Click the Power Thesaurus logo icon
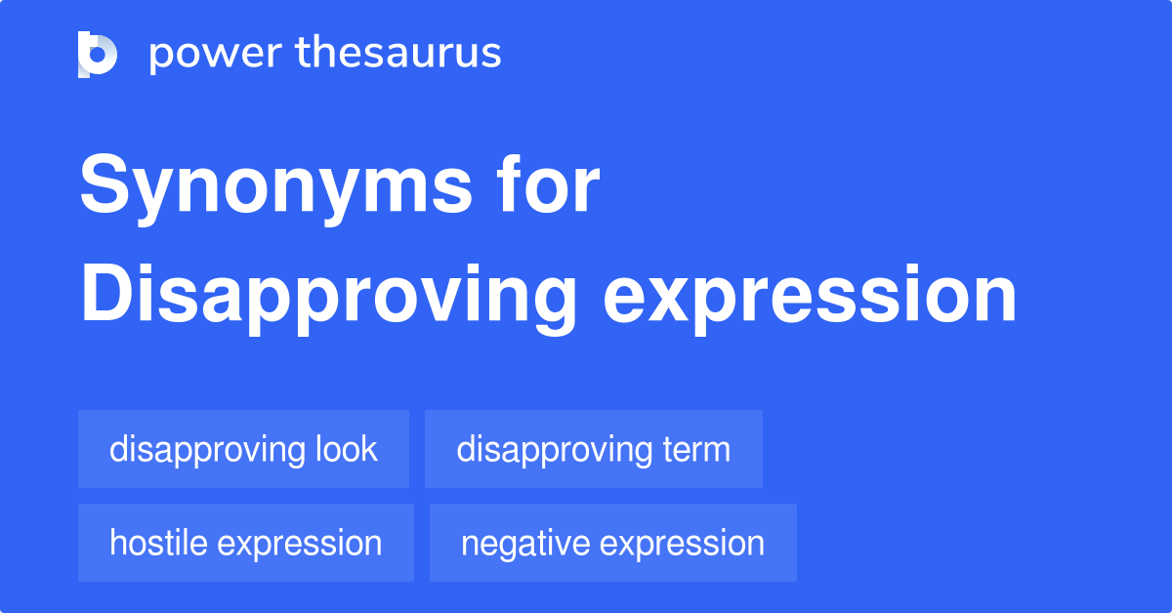(x=98, y=54)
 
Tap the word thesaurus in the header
(x=398, y=54)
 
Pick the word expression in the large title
(x=810, y=297)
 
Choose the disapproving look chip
(x=243, y=450)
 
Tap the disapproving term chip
(x=593, y=450)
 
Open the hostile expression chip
(x=245, y=543)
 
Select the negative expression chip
(x=612, y=543)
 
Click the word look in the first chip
(x=346, y=450)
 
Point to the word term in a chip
(x=695, y=450)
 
